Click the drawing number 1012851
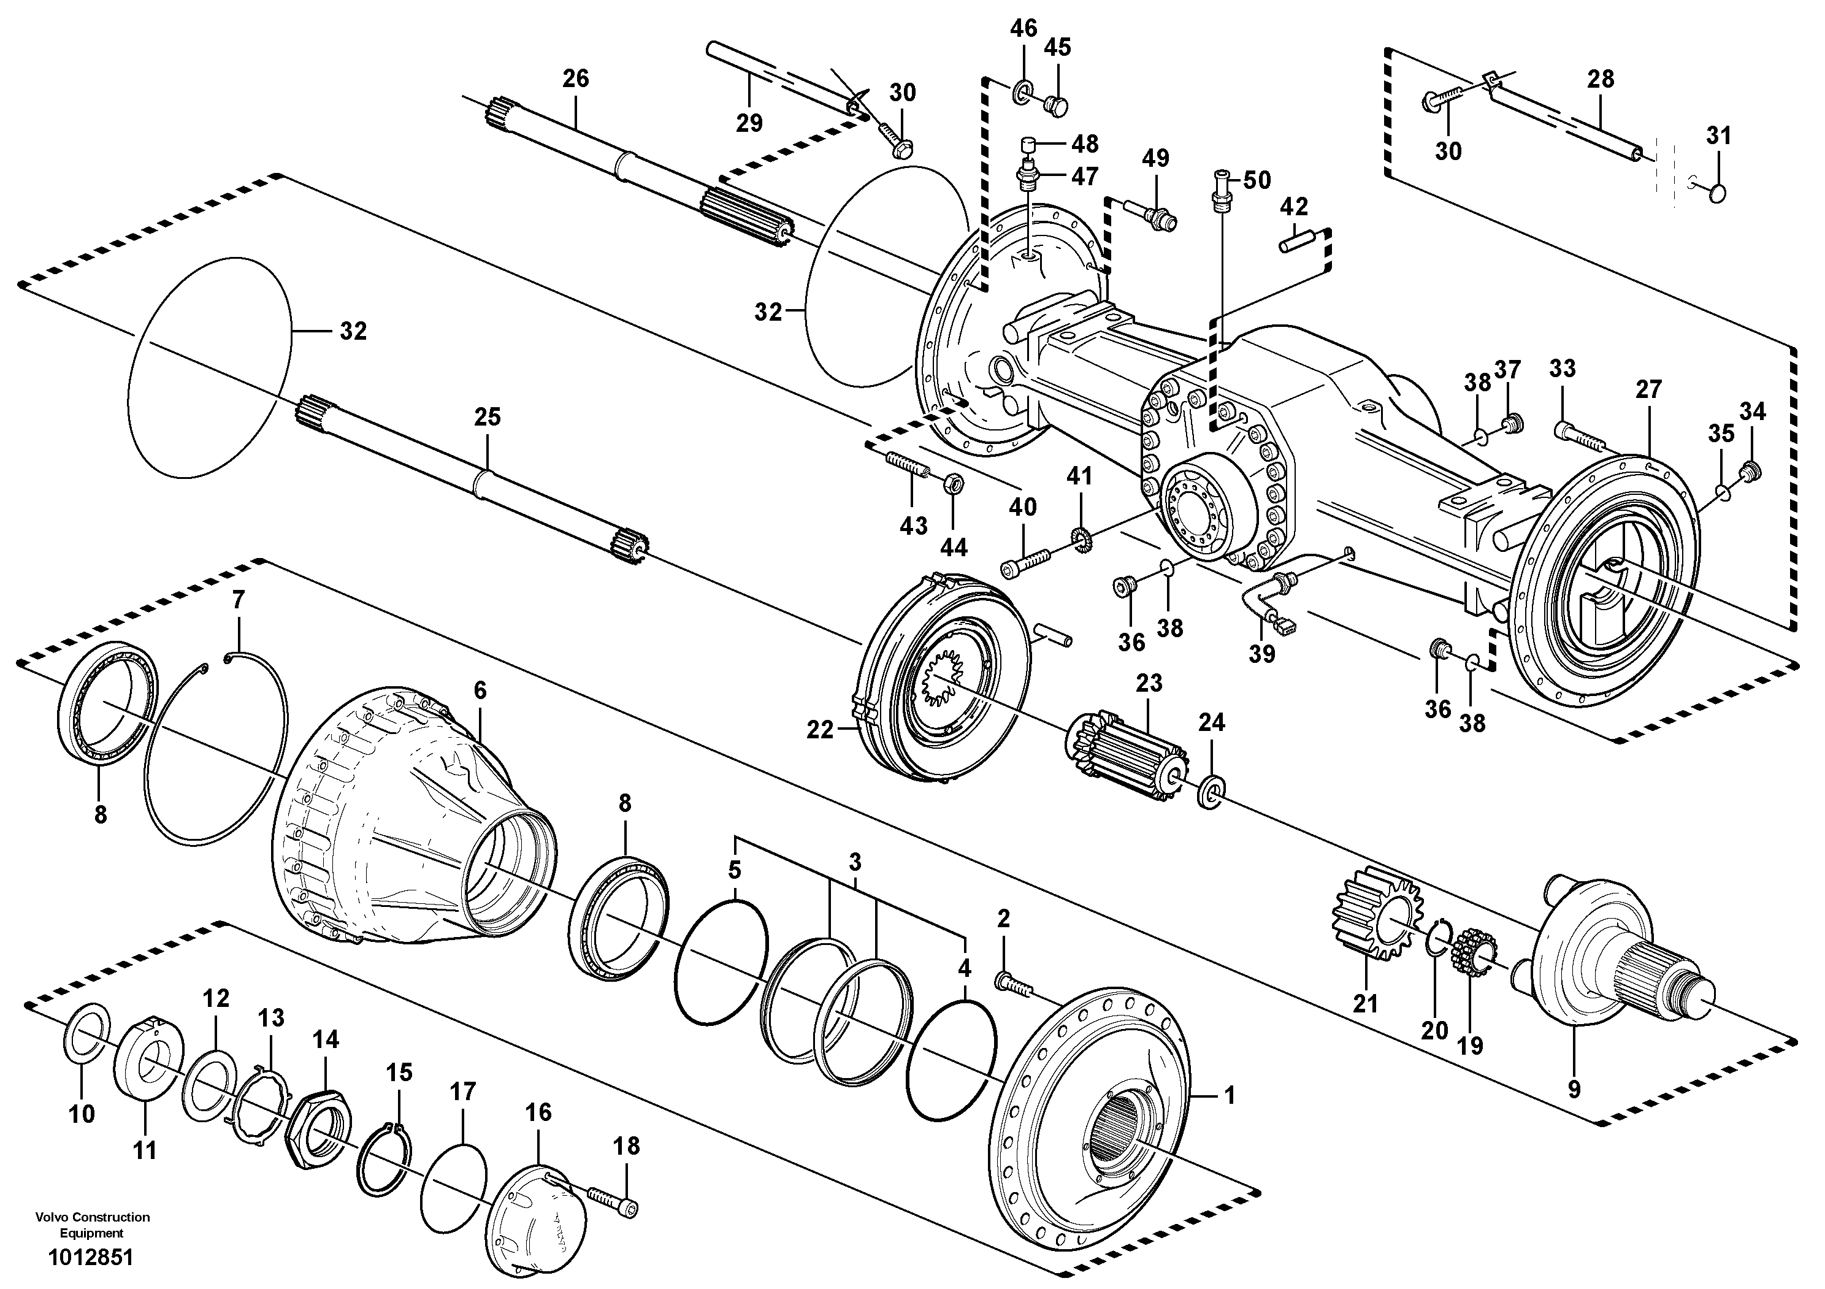point(91,1258)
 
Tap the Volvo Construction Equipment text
point(92,1225)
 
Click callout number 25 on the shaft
point(488,416)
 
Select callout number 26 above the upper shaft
point(575,78)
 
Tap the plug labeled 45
point(1057,104)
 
